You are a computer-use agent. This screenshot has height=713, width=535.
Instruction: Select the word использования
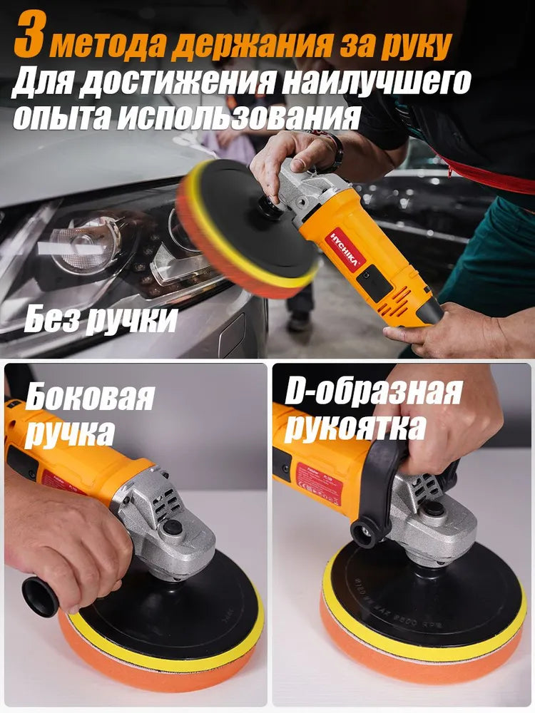[x=238, y=116]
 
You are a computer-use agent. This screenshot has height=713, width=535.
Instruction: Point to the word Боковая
[x=89, y=397]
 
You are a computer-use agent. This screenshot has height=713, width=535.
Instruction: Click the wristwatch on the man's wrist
[x=335, y=150]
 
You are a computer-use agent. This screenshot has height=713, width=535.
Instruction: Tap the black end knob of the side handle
[x=39, y=595]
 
